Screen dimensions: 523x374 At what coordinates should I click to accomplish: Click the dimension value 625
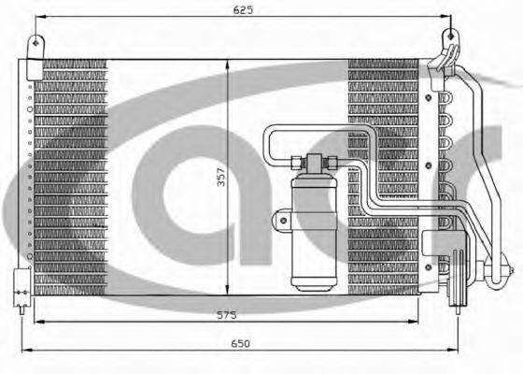pos(243,10)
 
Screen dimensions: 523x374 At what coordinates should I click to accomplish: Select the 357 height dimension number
pos(221,178)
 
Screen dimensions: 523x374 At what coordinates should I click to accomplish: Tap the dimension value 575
pos(226,315)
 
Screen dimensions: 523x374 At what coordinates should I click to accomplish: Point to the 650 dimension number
pos(241,343)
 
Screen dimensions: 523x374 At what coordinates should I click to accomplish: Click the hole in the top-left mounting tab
pos(36,43)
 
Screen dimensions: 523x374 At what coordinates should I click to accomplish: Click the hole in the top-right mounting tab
pos(450,36)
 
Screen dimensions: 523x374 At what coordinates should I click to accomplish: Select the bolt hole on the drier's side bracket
pos(283,221)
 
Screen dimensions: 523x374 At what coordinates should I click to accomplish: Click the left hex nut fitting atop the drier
pos(297,163)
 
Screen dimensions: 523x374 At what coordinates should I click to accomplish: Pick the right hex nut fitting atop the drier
pos(331,163)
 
